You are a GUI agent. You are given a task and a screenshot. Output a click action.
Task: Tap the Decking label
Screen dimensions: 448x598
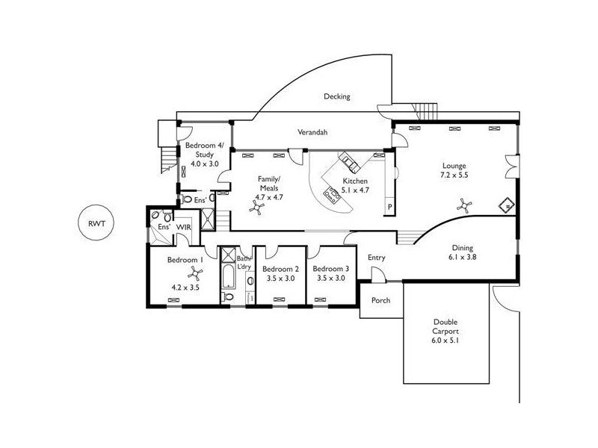click(x=336, y=97)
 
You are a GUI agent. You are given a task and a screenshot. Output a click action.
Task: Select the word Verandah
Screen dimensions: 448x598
click(x=313, y=132)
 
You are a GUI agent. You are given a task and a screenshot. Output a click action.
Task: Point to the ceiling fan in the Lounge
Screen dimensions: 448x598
click(x=464, y=202)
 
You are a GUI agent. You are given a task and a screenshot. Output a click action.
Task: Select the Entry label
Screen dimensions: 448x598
click(x=377, y=258)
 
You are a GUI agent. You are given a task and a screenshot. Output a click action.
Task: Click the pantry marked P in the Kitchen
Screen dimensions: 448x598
click(x=389, y=207)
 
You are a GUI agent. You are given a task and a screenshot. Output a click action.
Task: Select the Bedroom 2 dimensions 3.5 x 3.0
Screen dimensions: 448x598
click(x=281, y=279)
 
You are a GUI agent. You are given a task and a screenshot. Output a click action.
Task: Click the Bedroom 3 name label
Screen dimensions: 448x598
click(x=329, y=269)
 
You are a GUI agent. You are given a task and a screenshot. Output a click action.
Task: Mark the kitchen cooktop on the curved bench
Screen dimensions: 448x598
click(x=329, y=195)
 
